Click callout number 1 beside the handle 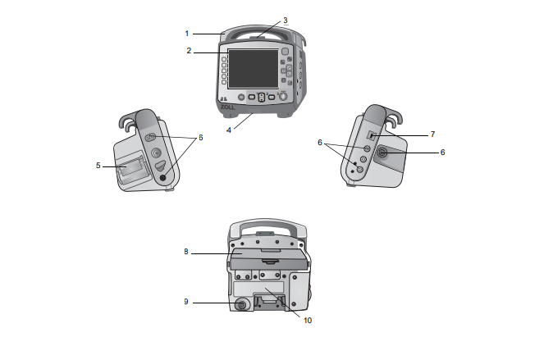point(186,34)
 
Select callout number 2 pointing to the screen point(189,51)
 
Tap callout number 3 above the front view point(286,21)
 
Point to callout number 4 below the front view point(229,130)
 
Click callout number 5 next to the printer point(98,166)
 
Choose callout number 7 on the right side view point(432,134)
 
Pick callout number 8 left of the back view point(186,252)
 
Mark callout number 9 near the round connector point(186,302)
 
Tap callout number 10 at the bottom point(308,321)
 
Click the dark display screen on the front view point(254,68)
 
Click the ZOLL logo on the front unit point(227,107)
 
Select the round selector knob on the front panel point(283,97)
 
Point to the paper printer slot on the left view point(131,170)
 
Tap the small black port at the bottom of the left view point(163,178)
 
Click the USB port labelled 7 point(371,135)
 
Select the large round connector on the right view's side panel point(382,153)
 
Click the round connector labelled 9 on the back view point(241,304)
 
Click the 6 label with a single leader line point(442,153)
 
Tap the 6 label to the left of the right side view point(320,143)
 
